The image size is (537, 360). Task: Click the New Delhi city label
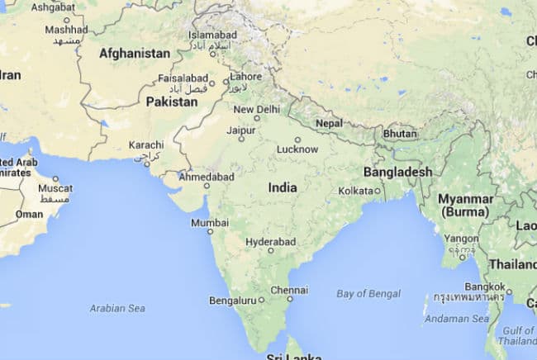pyautogui.click(x=257, y=109)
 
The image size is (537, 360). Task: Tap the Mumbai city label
pyautogui.click(x=210, y=223)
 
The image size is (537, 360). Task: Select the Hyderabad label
pyautogui.click(x=270, y=241)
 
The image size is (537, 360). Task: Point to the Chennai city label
pyautogui.click(x=289, y=290)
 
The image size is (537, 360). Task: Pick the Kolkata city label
pyautogui.click(x=355, y=191)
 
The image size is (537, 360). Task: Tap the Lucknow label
pyautogui.click(x=296, y=149)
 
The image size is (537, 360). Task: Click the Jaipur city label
pyautogui.click(x=240, y=130)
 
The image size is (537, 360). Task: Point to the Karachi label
pyautogui.click(x=146, y=145)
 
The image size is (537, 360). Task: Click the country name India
pyautogui.click(x=283, y=188)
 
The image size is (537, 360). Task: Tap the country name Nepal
pyautogui.click(x=329, y=124)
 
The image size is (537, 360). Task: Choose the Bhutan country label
pyautogui.click(x=400, y=134)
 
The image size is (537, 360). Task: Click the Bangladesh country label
pyautogui.click(x=397, y=172)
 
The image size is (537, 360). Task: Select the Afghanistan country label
pyautogui.click(x=135, y=54)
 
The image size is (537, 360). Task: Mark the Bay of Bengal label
pyautogui.click(x=368, y=293)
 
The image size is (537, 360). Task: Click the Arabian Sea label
pyautogui.click(x=117, y=308)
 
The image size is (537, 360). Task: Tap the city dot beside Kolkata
pyautogui.click(x=378, y=191)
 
